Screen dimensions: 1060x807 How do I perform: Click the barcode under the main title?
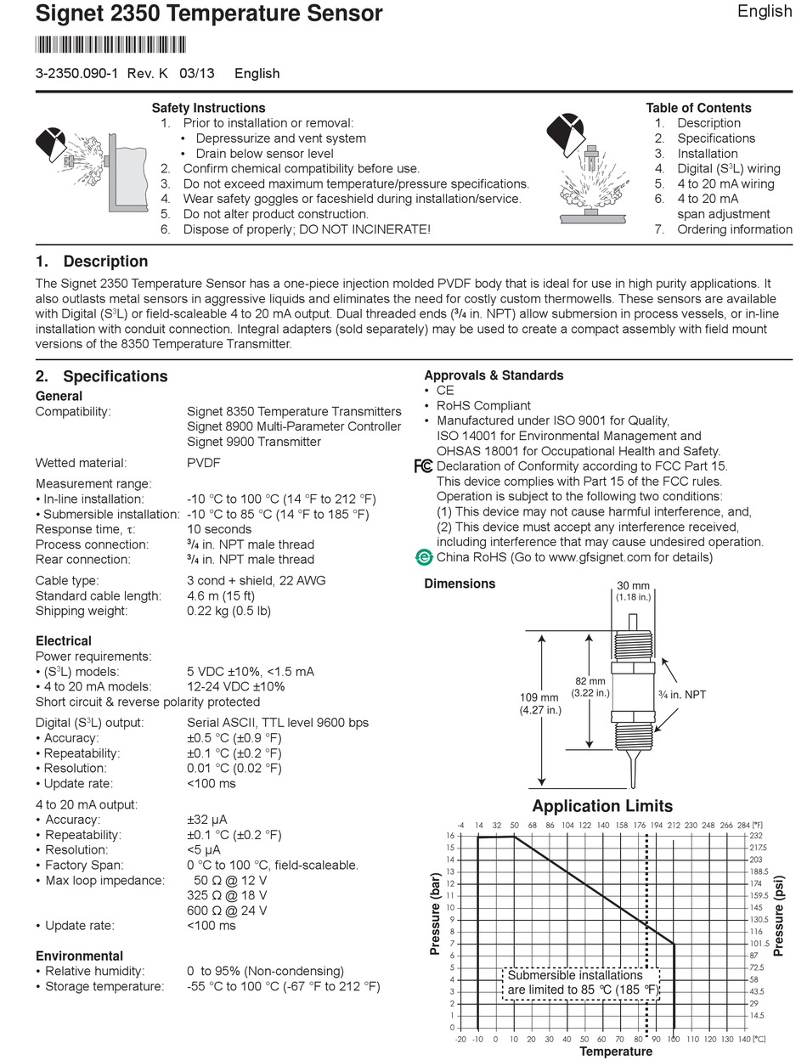click(x=110, y=45)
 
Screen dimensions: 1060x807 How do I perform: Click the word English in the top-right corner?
click(x=764, y=11)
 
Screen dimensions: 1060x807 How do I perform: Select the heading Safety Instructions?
click(x=208, y=108)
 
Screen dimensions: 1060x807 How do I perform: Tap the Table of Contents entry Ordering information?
click(x=734, y=229)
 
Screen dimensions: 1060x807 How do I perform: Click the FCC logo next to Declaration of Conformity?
click(x=423, y=466)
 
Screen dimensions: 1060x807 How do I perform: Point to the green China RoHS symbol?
click(x=423, y=558)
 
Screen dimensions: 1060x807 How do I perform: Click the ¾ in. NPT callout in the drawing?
click(x=682, y=695)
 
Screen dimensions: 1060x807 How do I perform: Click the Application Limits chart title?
click(x=601, y=806)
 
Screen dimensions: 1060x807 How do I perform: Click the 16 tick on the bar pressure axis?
click(x=450, y=836)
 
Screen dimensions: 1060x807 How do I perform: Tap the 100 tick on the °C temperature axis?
click(x=674, y=1039)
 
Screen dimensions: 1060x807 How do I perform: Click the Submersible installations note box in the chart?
click(x=581, y=984)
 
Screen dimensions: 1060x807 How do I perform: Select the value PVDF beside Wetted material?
click(x=204, y=463)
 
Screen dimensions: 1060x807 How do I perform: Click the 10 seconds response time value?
click(x=219, y=529)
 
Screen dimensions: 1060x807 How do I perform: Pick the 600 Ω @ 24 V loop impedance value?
click(x=227, y=911)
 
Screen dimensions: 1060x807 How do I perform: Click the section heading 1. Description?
click(x=92, y=262)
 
